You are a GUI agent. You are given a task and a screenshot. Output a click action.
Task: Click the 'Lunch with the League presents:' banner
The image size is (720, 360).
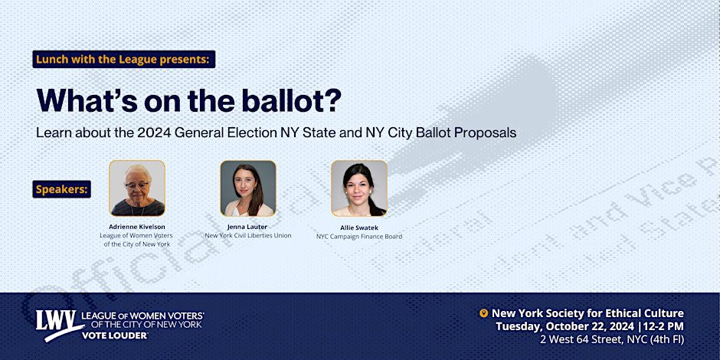pyautogui.click(x=124, y=59)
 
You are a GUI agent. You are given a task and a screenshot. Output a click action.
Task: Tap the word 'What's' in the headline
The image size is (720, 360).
pyautogui.click(x=87, y=100)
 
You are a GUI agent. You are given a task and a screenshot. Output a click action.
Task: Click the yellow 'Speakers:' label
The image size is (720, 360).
pyautogui.click(x=61, y=189)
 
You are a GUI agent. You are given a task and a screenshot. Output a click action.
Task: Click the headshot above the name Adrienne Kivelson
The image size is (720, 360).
pyautogui.click(x=137, y=188)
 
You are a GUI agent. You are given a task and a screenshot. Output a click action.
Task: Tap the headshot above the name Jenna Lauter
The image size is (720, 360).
pyautogui.click(x=248, y=188)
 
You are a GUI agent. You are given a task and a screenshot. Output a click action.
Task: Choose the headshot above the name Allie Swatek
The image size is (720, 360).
pyautogui.click(x=359, y=188)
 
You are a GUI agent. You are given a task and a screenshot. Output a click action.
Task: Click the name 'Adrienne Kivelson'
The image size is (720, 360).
pyautogui.click(x=137, y=227)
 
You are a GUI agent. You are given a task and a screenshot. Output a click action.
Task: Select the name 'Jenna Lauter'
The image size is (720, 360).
pyautogui.click(x=247, y=227)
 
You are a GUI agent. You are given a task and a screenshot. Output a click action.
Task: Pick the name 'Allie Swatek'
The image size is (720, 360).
pyautogui.click(x=359, y=227)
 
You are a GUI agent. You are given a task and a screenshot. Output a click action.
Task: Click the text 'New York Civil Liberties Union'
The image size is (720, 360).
pyautogui.click(x=248, y=236)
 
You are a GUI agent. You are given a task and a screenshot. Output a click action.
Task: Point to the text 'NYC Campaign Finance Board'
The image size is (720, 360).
pyautogui.click(x=359, y=237)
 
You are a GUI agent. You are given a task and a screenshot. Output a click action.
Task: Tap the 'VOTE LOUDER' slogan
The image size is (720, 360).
pyautogui.click(x=115, y=335)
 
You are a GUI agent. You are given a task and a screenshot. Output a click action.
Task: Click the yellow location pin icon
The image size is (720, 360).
pyautogui.click(x=483, y=313)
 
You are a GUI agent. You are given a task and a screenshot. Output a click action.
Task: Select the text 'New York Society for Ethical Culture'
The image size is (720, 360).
pyautogui.click(x=587, y=313)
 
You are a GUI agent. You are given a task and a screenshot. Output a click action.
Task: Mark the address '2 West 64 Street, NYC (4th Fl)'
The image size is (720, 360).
pyautogui.click(x=612, y=340)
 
